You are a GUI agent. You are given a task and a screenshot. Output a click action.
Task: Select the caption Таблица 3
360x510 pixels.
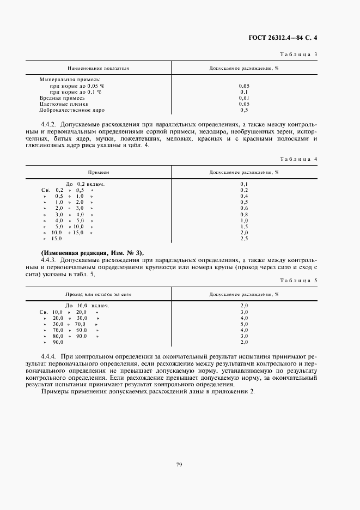coord(298,54)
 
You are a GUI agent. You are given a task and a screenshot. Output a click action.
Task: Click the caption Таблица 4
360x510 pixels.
coord(298,159)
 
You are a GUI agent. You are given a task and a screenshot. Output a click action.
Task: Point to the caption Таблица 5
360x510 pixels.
coord(298,280)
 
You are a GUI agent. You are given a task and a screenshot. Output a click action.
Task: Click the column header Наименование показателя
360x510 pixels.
coord(98,69)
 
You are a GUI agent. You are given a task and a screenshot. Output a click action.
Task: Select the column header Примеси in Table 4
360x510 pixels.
coord(98,172)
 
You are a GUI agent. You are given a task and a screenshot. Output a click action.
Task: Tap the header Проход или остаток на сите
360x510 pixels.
coord(98,294)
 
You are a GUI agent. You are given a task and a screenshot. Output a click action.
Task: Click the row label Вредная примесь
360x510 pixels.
coord(62,98)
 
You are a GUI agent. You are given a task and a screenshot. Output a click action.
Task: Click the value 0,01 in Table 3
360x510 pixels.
coord(244,98)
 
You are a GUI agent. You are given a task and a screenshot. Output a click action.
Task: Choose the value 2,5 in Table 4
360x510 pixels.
coord(244,239)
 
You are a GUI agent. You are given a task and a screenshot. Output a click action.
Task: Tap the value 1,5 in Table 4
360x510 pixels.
coord(244,226)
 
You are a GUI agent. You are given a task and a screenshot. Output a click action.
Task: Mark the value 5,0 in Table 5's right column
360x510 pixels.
coord(244,324)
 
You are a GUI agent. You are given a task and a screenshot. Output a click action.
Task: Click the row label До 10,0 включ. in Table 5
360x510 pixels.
coord(87,306)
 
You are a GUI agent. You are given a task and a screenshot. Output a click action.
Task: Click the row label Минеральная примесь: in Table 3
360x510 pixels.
coord(66,80)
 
